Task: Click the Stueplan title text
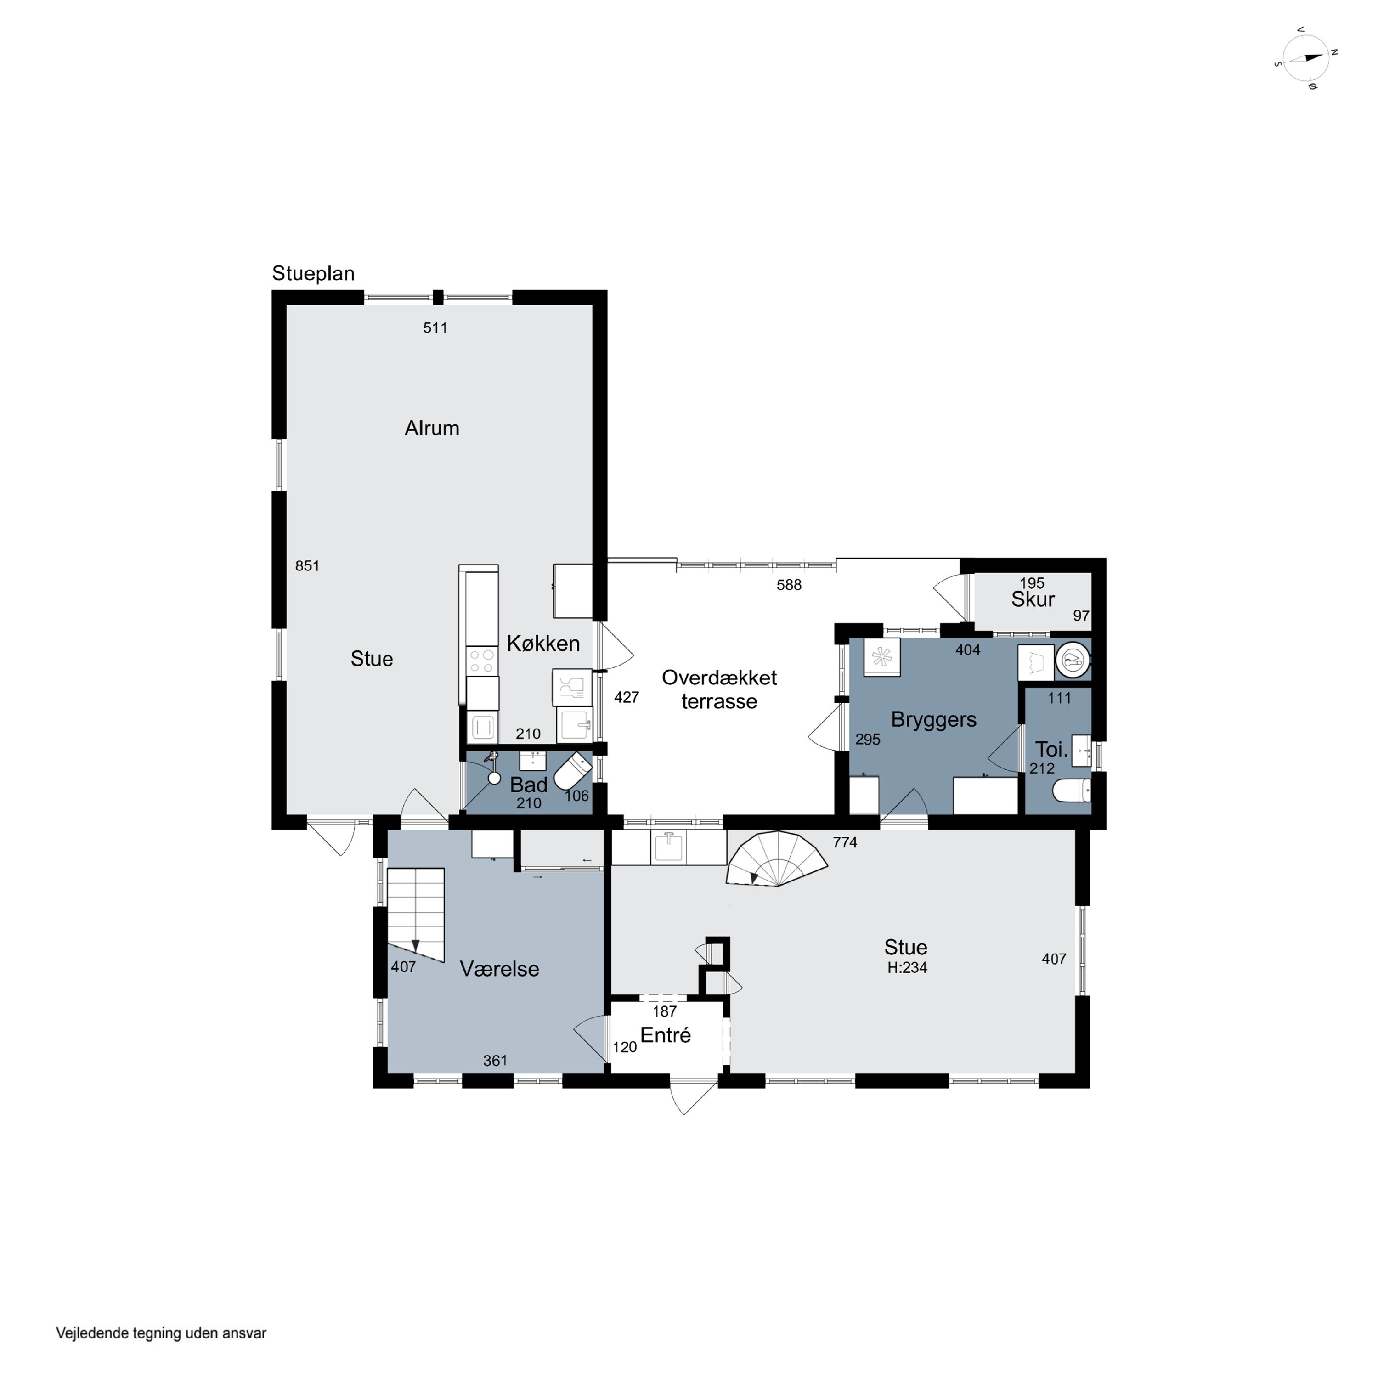coord(313,274)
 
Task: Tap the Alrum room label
coord(431,428)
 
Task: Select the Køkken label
coord(543,644)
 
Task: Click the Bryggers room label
coord(934,720)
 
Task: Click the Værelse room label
coord(499,969)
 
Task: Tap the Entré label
coord(666,1035)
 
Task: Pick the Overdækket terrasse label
coord(719,689)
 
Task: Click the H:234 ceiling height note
coord(907,968)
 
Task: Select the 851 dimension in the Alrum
coord(307,565)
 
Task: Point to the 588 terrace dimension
coord(789,585)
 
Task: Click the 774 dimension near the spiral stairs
coord(845,842)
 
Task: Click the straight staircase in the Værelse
coord(416,915)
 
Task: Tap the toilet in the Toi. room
coord(1072,790)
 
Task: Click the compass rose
coord(1306,58)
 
